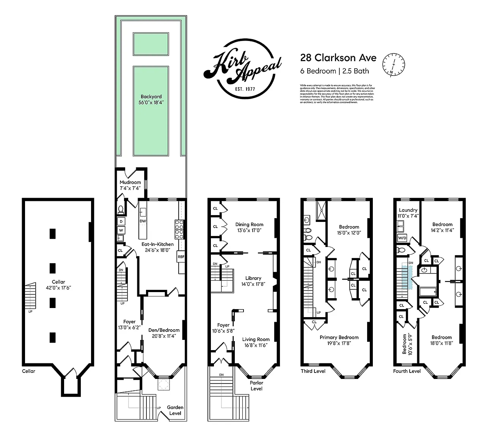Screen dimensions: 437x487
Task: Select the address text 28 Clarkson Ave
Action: (x=338, y=58)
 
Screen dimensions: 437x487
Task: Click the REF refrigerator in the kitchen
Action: (x=181, y=257)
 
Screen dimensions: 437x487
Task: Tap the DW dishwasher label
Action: (x=143, y=221)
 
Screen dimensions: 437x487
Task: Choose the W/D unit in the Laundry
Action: (x=402, y=238)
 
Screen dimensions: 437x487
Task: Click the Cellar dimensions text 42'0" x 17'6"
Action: (x=58, y=288)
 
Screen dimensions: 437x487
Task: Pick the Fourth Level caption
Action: (x=407, y=371)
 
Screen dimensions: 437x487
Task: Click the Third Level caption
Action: (x=313, y=371)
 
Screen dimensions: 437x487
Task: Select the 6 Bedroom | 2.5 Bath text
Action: (x=335, y=71)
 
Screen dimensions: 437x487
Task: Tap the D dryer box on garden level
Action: (x=121, y=221)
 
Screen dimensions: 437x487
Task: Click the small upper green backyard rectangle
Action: (x=151, y=44)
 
